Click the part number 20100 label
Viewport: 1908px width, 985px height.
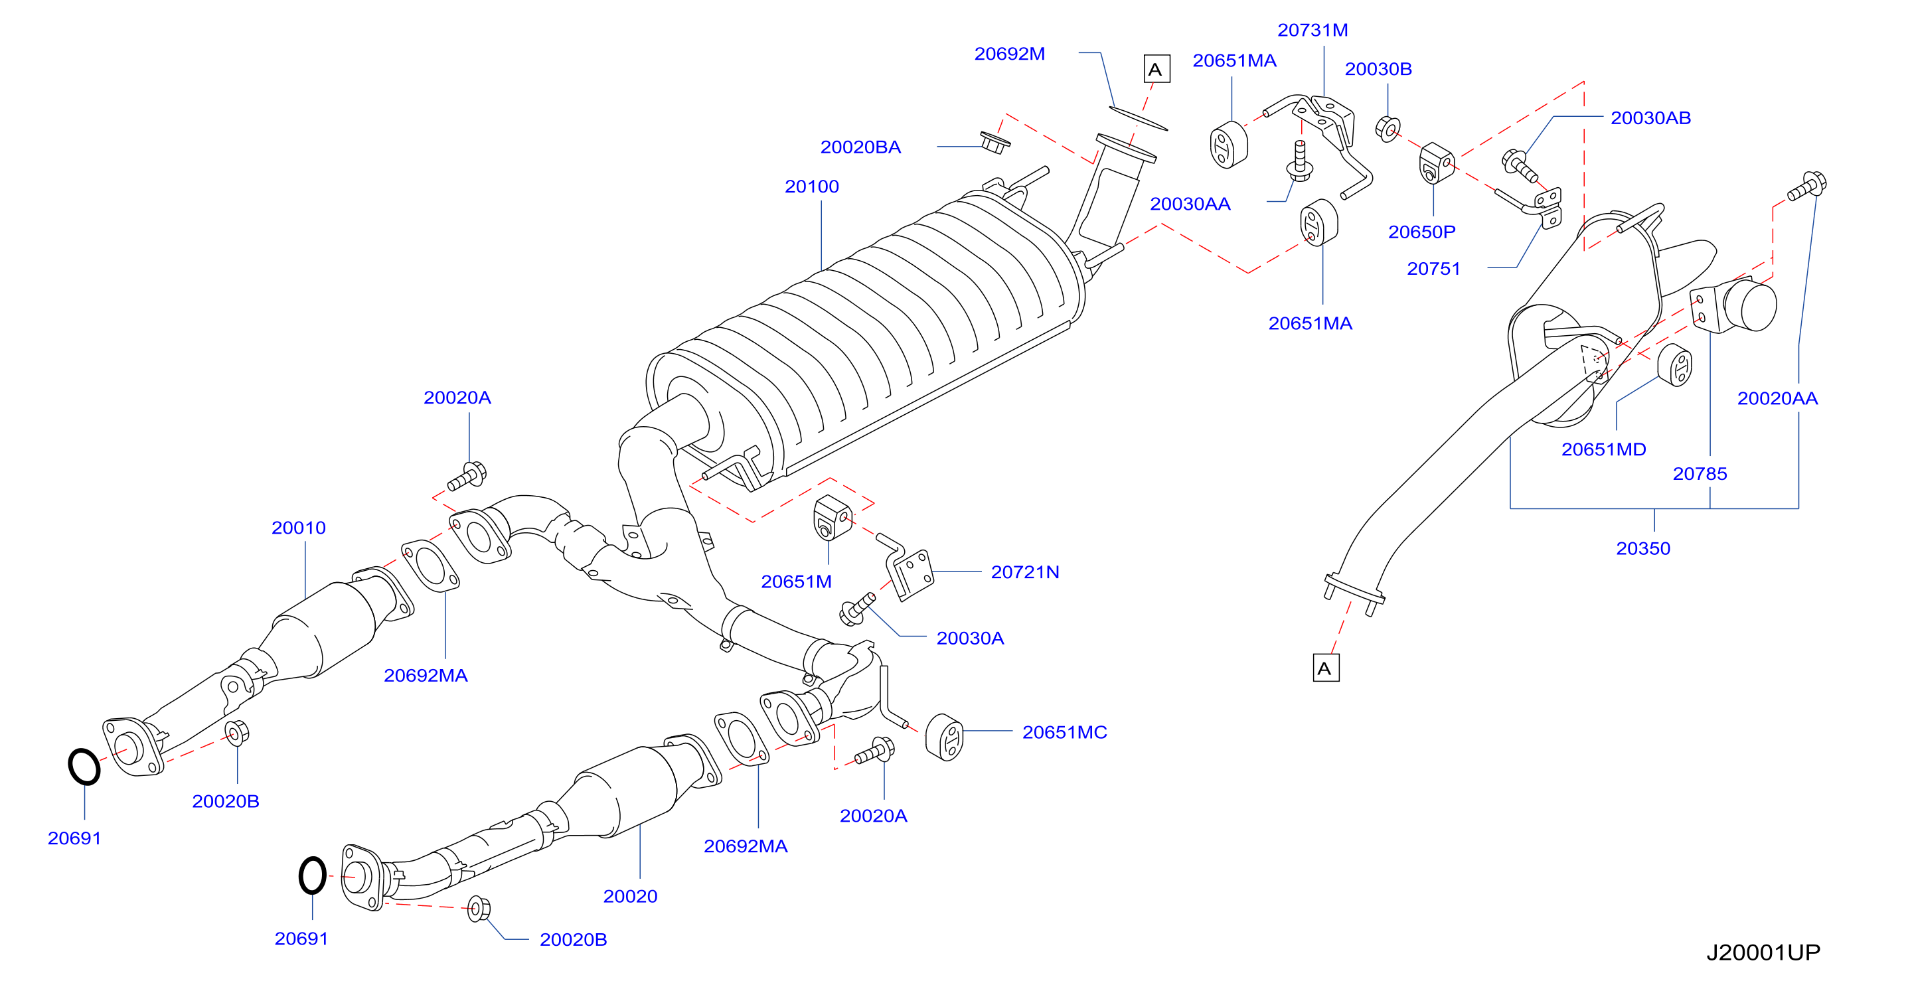[812, 187]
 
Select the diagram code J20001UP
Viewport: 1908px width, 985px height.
[1763, 952]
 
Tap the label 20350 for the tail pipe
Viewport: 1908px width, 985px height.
[1643, 549]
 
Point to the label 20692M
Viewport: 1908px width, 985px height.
[1010, 54]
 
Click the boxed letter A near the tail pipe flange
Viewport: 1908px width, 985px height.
[1326, 668]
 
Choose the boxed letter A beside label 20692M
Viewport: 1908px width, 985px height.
[1157, 69]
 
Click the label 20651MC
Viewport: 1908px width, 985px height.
[1064, 733]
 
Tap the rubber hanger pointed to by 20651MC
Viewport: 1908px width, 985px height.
[944, 737]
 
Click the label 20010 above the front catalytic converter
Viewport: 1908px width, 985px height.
[299, 528]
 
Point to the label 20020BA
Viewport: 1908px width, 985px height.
[860, 147]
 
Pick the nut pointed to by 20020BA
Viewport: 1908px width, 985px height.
[994, 142]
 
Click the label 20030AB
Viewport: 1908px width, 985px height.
[1651, 117]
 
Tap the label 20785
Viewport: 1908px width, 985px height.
[1700, 474]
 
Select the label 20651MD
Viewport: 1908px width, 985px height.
[1603, 449]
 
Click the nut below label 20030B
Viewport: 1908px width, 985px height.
[1388, 129]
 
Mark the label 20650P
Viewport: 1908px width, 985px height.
[1422, 232]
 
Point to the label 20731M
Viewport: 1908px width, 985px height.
[1312, 31]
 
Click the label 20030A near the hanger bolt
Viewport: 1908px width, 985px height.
[971, 639]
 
